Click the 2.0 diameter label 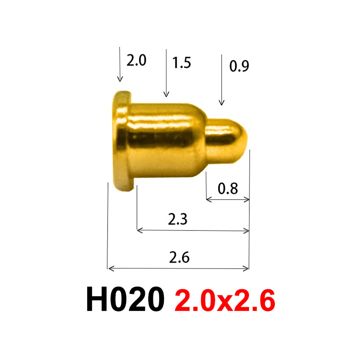pyautogui.click(x=136, y=61)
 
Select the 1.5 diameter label pyautogui.click(x=182, y=63)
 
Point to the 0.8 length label pyautogui.click(x=227, y=188)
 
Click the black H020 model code pyautogui.click(x=125, y=300)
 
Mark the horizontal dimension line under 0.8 pyautogui.click(x=227, y=199)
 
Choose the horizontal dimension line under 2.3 pyautogui.click(x=193, y=230)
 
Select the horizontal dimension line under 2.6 pyautogui.click(x=178, y=268)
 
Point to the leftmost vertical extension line pyautogui.click(x=108, y=224)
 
